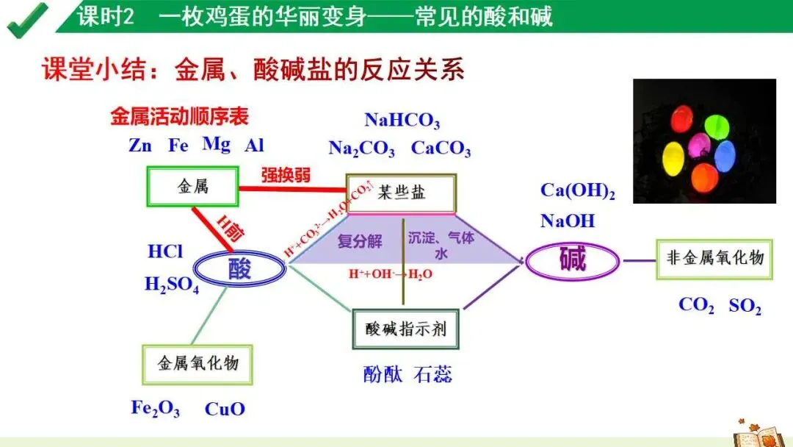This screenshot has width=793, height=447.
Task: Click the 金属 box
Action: (x=193, y=187)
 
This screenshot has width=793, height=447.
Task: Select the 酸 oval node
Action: (x=239, y=270)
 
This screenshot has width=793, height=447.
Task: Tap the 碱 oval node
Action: (x=573, y=260)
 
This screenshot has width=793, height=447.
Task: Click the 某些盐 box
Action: (x=401, y=193)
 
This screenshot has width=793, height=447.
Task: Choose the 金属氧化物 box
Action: (x=198, y=364)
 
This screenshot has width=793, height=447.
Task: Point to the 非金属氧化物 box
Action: (x=714, y=258)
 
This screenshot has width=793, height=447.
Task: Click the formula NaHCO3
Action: (x=402, y=121)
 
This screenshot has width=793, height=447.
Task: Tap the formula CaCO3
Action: (x=441, y=149)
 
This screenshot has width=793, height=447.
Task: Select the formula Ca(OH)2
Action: (x=577, y=191)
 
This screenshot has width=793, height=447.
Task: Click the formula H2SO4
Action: (x=172, y=285)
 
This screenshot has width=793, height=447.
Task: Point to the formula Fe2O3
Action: (x=155, y=408)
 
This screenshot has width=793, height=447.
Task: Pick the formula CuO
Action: (x=225, y=409)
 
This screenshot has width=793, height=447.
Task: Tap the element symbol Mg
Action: (x=217, y=144)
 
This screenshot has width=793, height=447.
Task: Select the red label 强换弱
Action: (x=286, y=175)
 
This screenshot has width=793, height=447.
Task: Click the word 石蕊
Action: (x=432, y=374)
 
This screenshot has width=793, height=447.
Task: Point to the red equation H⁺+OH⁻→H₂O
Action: (x=390, y=274)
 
